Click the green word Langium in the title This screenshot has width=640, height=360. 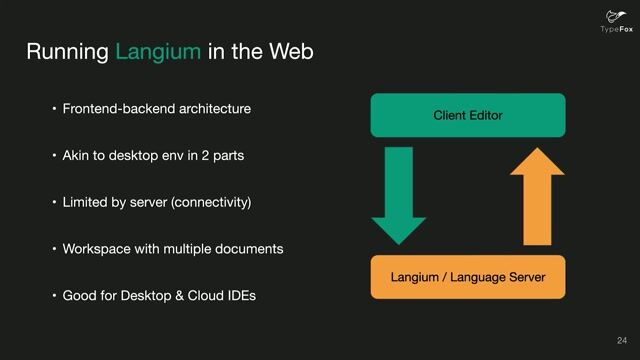[157, 52]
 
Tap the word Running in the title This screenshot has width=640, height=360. [67, 52]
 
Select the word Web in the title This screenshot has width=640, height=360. [290, 52]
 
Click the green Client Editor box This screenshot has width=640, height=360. [467, 115]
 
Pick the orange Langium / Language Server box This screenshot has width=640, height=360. [467, 276]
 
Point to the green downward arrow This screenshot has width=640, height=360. [398, 195]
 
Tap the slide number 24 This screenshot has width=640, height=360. [622, 340]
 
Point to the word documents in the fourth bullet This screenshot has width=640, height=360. [249, 248]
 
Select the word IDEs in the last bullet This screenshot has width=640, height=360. [239, 295]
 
